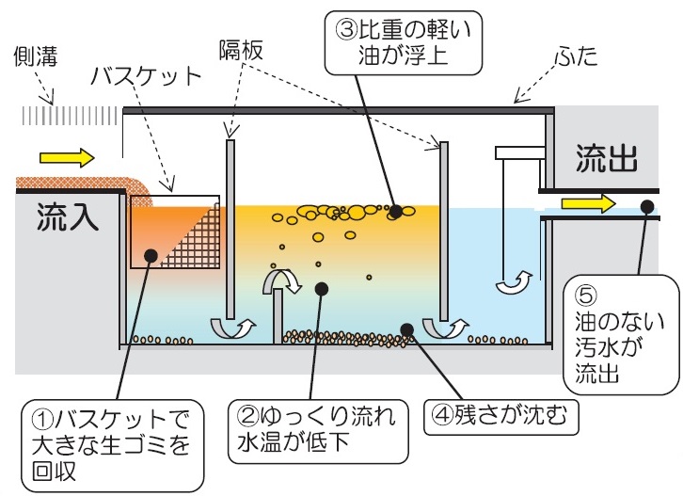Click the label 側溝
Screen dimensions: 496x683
(37, 59)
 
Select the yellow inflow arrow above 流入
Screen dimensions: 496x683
(69, 156)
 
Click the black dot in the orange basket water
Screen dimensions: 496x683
(150, 253)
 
